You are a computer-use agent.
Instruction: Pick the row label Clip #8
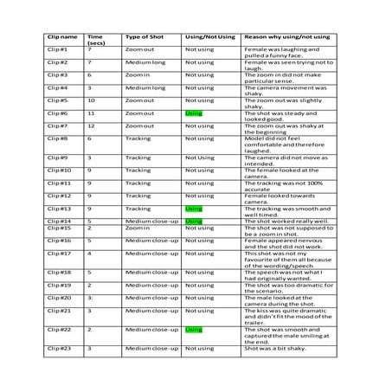pos(58,138)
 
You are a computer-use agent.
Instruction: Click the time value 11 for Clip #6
pos(92,113)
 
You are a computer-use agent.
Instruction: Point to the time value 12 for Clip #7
pos(92,125)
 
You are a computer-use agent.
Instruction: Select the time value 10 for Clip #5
pos(92,100)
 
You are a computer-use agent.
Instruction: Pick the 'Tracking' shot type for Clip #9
pos(138,157)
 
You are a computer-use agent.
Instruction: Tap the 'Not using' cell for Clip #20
pos(200,297)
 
